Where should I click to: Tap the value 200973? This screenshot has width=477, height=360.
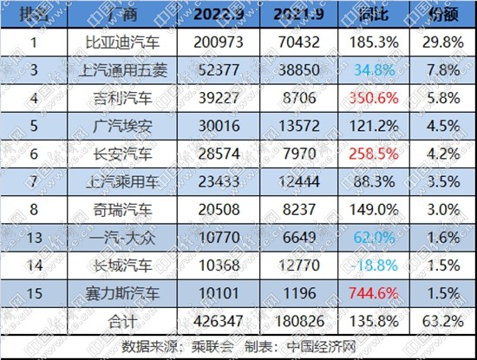[x=222, y=42]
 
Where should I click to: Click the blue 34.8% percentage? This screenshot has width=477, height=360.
[x=373, y=69]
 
